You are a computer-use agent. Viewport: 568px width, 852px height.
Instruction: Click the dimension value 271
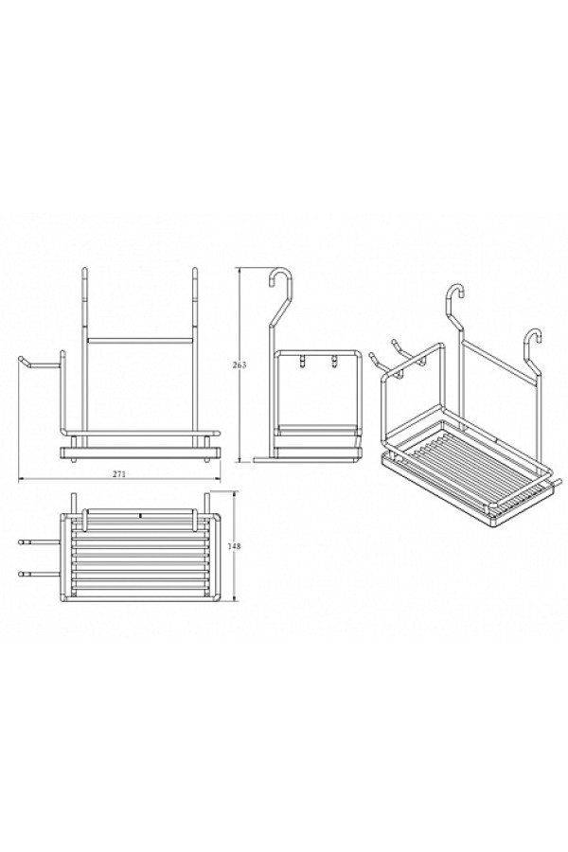[x=119, y=474]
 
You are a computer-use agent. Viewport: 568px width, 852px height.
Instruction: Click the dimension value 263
[x=242, y=365]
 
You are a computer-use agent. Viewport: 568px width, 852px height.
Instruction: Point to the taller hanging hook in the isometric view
[x=454, y=304]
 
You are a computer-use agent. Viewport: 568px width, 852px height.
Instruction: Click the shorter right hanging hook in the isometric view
[x=533, y=347]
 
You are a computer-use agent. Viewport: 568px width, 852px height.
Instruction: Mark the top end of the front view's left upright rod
[x=84, y=269]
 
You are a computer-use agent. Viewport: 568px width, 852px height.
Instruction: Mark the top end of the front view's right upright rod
[x=193, y=269]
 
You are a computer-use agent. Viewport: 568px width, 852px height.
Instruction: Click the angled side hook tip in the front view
[x=22, y=359]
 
